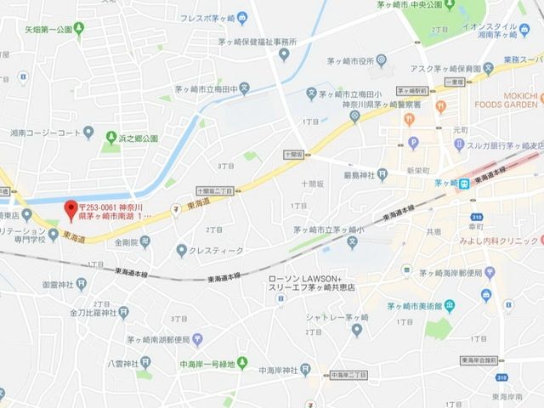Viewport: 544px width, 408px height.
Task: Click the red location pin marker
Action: pos(71,208)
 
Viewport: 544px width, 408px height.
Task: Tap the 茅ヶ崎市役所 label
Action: pos(343,60)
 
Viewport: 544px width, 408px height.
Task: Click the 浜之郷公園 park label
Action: pos(139,136)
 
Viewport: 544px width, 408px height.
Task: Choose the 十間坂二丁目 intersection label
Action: pos(212,192)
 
